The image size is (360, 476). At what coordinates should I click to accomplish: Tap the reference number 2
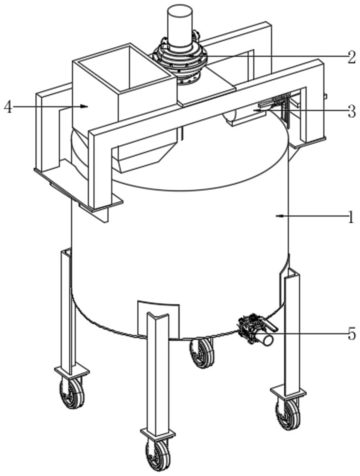(351, 57)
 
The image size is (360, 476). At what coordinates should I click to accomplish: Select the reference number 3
(351, 111)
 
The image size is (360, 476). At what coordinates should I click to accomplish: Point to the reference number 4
(8, 107)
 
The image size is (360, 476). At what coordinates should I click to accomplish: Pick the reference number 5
(351, 335)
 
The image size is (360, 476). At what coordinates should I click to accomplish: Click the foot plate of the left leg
(72, 371)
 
